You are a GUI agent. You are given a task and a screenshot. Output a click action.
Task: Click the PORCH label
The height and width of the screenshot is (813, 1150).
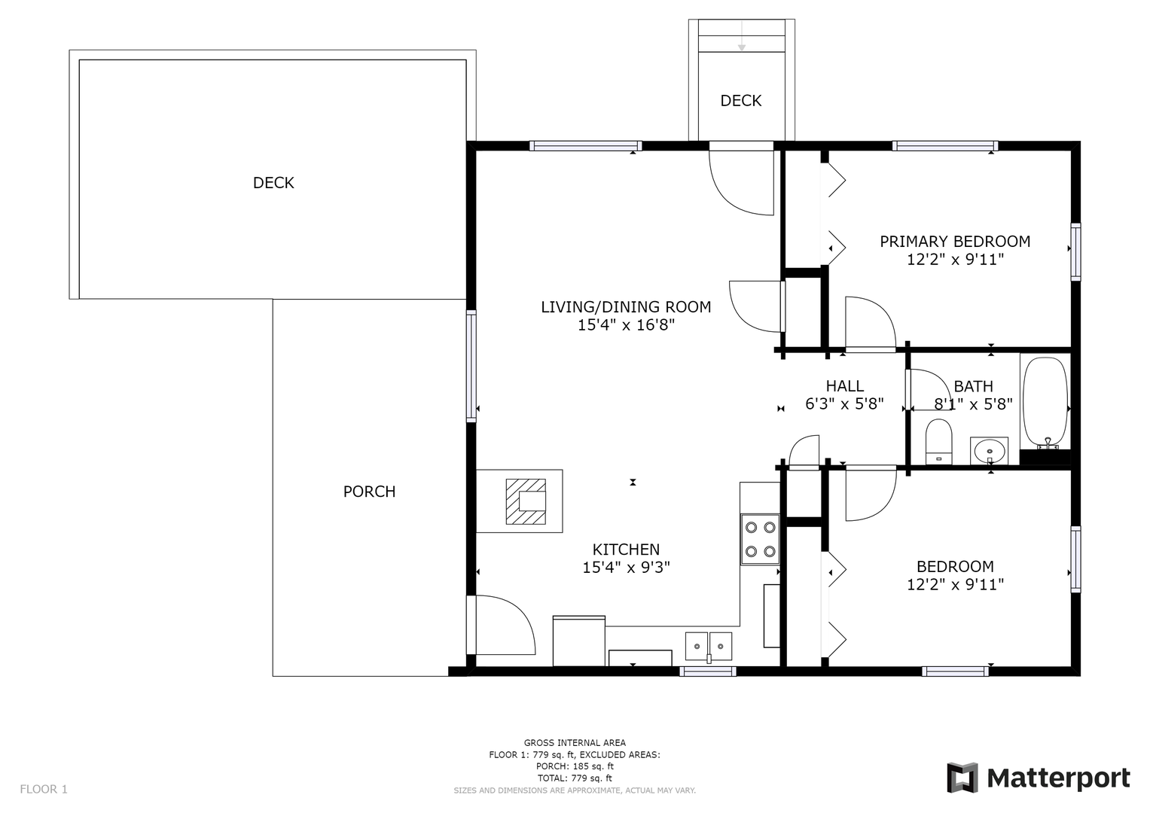click(x=369, y=492)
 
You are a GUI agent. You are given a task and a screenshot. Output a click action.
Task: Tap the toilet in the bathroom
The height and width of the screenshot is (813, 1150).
click(x=938, y=441)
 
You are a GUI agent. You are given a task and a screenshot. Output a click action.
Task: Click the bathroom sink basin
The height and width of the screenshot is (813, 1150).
click(x=989, y=451)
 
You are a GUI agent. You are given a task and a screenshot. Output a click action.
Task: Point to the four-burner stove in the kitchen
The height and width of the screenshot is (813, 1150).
click(x=760, y=540)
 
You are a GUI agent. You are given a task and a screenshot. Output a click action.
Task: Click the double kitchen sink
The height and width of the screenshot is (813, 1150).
click(x=709, y=647)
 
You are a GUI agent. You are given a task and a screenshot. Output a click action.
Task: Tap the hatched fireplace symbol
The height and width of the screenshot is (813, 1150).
click(x=526, y=501)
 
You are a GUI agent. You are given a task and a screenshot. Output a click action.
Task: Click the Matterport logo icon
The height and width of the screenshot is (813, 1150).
click(x=962, y=778)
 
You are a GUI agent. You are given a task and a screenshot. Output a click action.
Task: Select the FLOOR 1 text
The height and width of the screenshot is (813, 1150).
click(x=44, y=789)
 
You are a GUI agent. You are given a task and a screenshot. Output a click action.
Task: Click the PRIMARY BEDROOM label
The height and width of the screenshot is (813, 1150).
click(x=955, y=241)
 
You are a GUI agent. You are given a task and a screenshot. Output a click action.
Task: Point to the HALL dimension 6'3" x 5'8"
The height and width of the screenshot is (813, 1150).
click(x=844, y=404)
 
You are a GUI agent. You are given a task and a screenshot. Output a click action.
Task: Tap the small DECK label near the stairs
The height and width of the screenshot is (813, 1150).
click(x=741, y=101)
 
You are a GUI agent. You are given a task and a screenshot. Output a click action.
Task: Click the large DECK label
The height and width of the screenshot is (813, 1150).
click(x=273, y=183)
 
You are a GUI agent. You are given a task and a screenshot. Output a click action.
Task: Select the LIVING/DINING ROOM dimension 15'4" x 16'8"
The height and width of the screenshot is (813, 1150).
click(x=627, y=325)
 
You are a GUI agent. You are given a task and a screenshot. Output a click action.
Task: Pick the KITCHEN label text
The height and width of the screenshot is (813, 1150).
click(x=627, y=550)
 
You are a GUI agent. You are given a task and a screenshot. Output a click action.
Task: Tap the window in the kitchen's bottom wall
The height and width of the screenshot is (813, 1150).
click(x=708, y=671)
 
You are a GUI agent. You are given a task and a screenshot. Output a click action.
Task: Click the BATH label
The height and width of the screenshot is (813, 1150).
click(x=973, y=386)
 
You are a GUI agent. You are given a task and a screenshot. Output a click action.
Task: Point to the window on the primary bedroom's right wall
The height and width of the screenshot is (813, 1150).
click(x=1075, y=252)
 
